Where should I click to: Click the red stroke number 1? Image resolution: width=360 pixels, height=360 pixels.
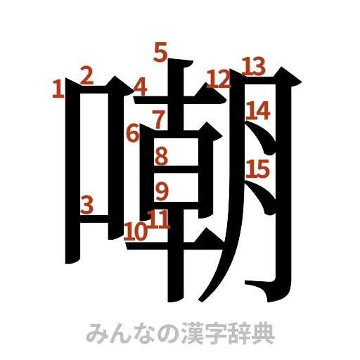pyautogui.click(x=58, y=89)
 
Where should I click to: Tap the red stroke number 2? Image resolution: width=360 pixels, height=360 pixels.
pyautogui.click(x=87, y=75)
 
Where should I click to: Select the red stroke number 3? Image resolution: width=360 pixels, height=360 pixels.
pyautogui.click(x=87, y=204)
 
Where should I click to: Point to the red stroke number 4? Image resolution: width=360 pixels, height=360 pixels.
pyautogui.click(x=141, y=87)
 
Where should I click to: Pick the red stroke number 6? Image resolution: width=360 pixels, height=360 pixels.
pyautogui.click(x=133, y=132)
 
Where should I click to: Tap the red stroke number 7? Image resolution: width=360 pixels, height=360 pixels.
pyautogui.click(x=160, y=117)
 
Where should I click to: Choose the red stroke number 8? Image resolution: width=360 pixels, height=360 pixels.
pyautogui.click(x=162, y=155)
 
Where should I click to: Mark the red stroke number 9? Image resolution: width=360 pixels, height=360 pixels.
pyautogui.click(x=162, y=190)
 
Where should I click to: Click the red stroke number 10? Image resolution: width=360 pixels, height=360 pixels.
pyautogui.click(x=135, y=231)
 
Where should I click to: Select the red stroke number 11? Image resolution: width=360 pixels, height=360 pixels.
pyautogui.click(x=160, y=220)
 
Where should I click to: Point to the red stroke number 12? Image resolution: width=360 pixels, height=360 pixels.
pyautogui.click(x=219, y=79)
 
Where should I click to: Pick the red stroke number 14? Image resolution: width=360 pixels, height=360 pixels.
pyautogui.click(x=257, y=110)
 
